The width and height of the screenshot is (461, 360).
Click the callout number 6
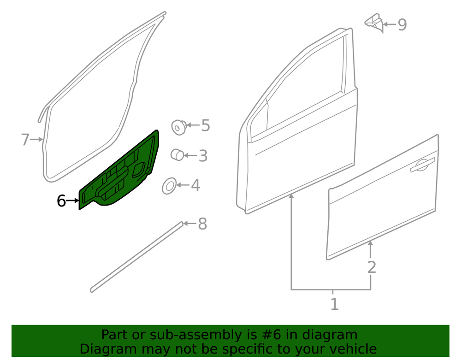click(61, 201)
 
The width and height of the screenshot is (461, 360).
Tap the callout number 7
click(25, 139)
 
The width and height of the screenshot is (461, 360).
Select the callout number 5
click(206, 125)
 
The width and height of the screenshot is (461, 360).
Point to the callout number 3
click(203, 155)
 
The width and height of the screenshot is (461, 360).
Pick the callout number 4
click(195, 185)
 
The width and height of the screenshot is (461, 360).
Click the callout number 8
click(202, 224)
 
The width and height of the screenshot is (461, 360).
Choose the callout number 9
click(402, 24)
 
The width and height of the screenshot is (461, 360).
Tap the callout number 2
click(372, 267)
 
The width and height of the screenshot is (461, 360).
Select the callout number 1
click(335, 304)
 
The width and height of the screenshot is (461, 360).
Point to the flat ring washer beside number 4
click(169, 186)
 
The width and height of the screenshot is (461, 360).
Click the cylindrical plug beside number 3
click(177, 154)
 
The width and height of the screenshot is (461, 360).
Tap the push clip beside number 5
click(179, 127)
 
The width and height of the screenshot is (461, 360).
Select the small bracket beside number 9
click(374, 22)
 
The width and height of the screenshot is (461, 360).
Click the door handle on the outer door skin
click(422, 165)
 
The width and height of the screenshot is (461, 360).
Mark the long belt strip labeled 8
click(137, 257)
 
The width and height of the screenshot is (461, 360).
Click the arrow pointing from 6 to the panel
click(72, 201)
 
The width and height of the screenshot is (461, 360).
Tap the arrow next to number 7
click(37, 139)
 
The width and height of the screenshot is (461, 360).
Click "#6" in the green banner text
click(271, 335)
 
